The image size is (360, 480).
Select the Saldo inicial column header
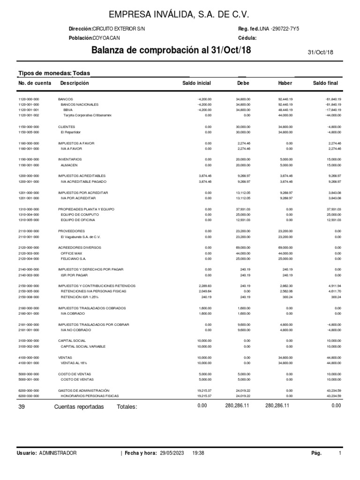[196, 83]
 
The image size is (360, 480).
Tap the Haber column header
[285, 83]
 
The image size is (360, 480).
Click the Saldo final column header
[325, 83]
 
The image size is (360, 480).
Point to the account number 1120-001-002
[29, 115]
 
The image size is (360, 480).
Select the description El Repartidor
[71, 132]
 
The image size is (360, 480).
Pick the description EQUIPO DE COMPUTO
[77, 214]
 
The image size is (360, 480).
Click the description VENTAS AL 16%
[74, 362]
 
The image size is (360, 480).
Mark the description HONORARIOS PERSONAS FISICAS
[90, 396]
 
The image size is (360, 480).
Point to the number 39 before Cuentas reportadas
[21, 407]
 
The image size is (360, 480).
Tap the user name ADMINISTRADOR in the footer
[58, 453]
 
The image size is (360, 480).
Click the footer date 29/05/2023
[173, 453]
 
